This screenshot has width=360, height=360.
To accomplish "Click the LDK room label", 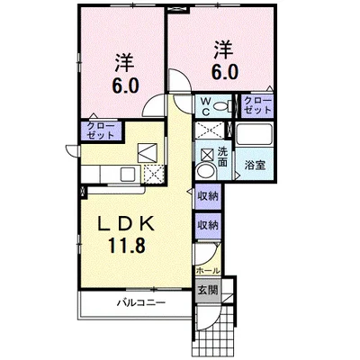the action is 127,224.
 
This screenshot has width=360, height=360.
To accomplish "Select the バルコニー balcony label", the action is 141,302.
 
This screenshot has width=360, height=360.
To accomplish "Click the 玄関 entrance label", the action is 207,290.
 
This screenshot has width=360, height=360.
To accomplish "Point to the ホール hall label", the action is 208,271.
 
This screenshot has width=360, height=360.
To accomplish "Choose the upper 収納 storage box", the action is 208,197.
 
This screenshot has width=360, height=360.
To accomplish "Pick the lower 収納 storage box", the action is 208,225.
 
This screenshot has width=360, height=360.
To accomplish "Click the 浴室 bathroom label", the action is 255,165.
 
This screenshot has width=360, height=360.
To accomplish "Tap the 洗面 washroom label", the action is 222,156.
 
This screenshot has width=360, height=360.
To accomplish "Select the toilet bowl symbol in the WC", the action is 222,105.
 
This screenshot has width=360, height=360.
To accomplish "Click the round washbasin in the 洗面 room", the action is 205,171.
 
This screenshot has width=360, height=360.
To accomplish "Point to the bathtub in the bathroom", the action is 255,135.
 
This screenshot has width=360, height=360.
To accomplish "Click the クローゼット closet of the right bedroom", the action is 257,105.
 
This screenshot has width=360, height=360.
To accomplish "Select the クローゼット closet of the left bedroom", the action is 101,131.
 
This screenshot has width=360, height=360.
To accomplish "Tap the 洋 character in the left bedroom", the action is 124,62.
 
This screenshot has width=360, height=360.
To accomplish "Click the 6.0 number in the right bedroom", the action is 225,72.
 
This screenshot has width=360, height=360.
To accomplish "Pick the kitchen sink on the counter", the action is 128,174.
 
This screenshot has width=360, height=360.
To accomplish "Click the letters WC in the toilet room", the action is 206,106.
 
